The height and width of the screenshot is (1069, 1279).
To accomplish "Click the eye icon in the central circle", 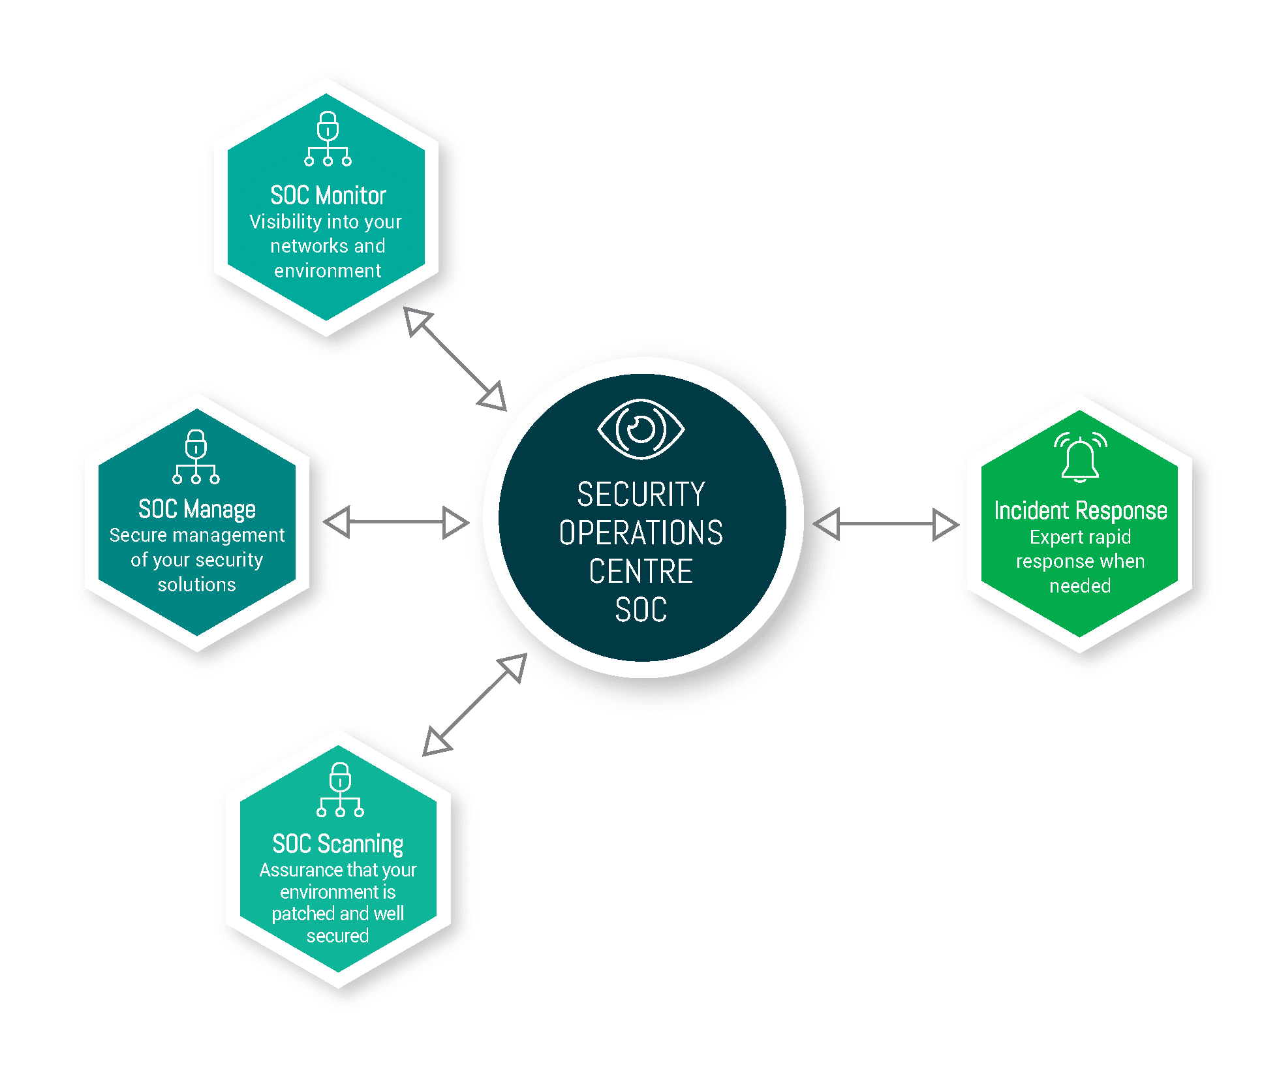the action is (641, 429).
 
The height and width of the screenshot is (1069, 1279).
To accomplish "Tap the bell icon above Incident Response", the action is (1080, 457).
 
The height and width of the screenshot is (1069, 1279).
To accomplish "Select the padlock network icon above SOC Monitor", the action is (328, 138).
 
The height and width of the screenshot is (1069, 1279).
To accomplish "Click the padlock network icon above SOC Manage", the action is (196, 457).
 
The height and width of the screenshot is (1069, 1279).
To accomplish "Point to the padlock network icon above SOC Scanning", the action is (340, 790).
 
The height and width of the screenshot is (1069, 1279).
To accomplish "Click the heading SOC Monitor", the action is (328, 195).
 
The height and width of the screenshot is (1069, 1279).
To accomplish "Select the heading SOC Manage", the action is (197, 509).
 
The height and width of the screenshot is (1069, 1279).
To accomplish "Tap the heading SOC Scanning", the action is (338, 844).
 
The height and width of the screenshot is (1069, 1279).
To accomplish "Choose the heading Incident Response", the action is (1081, 510).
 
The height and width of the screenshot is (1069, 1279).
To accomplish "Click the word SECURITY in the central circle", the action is (641, 494).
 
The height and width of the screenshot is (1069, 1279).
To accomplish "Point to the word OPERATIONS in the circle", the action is (641, 533).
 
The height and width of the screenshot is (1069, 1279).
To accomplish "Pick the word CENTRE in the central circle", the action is (641, 571).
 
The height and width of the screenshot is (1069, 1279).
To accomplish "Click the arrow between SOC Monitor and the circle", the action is (455, 358).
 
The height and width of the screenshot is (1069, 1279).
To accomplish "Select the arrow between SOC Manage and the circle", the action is (396, 522).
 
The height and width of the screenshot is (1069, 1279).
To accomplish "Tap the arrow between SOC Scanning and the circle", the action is (475, 704).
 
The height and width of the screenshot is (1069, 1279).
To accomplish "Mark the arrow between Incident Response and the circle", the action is (886, 524).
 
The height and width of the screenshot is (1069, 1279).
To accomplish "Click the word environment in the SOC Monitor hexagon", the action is (328, 270).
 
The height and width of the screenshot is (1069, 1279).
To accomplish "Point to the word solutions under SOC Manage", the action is (197, 584).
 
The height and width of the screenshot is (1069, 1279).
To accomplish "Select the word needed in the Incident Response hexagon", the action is (1080, 585).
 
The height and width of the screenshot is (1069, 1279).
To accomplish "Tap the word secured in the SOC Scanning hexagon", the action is (338, 936).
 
